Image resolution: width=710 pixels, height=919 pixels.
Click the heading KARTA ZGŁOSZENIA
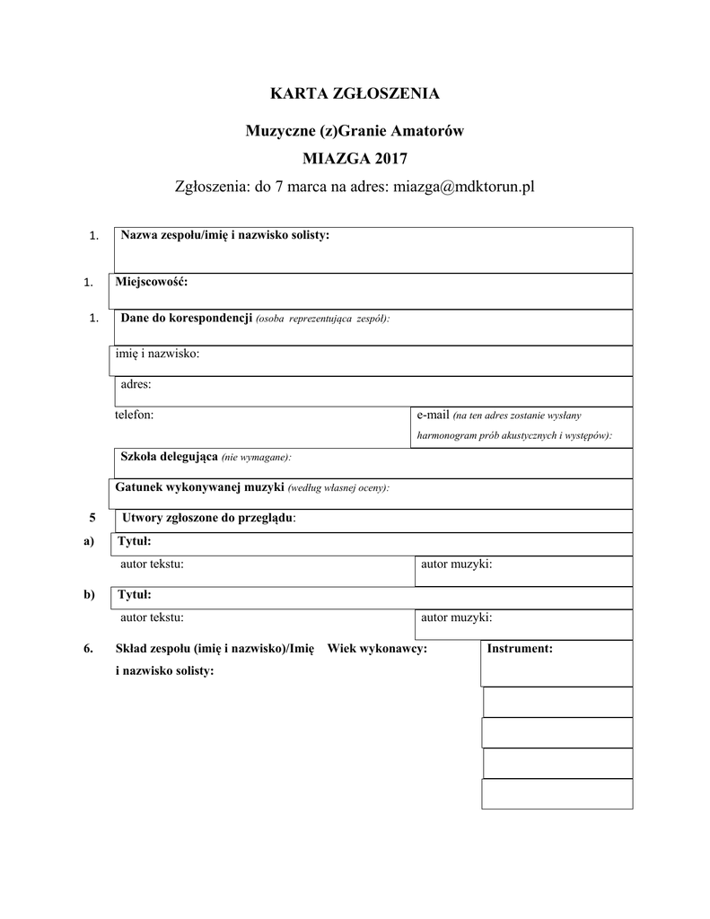click(355, 93)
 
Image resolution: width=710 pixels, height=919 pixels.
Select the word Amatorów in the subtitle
click(426, 131)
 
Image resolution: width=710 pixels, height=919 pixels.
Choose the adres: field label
click(136, 384)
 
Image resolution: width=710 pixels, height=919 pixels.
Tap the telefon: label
click(134, 415)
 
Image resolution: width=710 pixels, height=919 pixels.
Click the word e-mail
click(432, 415)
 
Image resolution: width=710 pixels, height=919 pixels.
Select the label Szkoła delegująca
click(169, 457)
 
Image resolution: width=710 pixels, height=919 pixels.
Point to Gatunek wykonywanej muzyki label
click(200, 487)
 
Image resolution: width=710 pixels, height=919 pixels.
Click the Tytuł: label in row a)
click(136, 542)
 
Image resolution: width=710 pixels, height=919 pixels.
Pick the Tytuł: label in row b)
click(136, 595)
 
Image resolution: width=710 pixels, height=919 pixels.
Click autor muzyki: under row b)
click(456, 617)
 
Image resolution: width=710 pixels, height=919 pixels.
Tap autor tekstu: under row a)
click(152, 564)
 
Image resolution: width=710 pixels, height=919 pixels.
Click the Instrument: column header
click(519, 648)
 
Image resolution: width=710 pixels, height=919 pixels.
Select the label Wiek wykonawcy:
click(377, 648)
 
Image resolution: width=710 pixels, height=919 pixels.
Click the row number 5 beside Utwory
click(92, 518)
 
